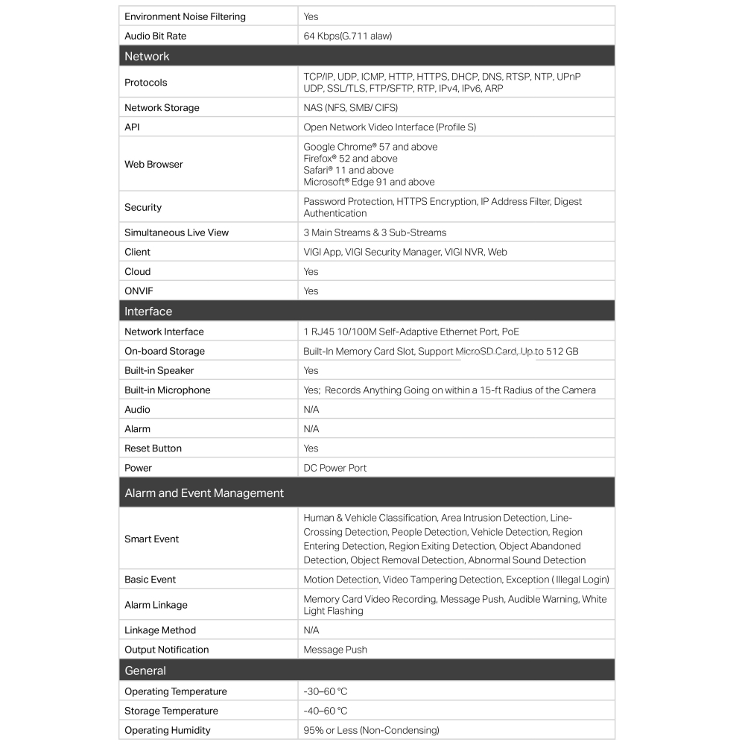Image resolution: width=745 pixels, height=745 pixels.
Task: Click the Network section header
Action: (147, 57)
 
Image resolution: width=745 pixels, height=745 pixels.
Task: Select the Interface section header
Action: (148, 311)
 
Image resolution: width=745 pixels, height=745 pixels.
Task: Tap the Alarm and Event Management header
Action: (204, 493)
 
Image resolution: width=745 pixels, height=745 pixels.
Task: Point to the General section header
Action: (145, 670)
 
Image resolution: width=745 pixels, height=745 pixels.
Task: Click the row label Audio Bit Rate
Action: (155, 36)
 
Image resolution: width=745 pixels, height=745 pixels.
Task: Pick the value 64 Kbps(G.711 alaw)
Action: (347, 36)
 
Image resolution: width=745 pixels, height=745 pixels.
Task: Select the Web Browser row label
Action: (153, 164)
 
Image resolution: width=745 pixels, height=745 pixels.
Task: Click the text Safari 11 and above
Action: (349, 170)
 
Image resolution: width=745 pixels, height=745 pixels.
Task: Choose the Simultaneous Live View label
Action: (177, 232)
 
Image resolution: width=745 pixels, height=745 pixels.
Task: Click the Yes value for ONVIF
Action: (311, 291)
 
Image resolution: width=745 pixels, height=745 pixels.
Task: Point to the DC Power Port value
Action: (335, 468)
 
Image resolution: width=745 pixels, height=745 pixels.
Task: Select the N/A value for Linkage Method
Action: (311, 630)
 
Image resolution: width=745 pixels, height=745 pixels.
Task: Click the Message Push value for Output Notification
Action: (335, 650)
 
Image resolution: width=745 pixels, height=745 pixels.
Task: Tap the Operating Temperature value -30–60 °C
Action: (326, 691)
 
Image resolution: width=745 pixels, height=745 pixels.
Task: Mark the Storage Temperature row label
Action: (171, 711)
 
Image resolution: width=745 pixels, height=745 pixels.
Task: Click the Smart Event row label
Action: (152, 539)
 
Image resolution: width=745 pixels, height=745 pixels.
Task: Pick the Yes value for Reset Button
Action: (311, 448)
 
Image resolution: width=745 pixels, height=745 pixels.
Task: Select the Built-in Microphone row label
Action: (168, 390)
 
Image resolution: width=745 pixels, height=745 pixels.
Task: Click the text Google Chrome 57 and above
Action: (370, 147)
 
